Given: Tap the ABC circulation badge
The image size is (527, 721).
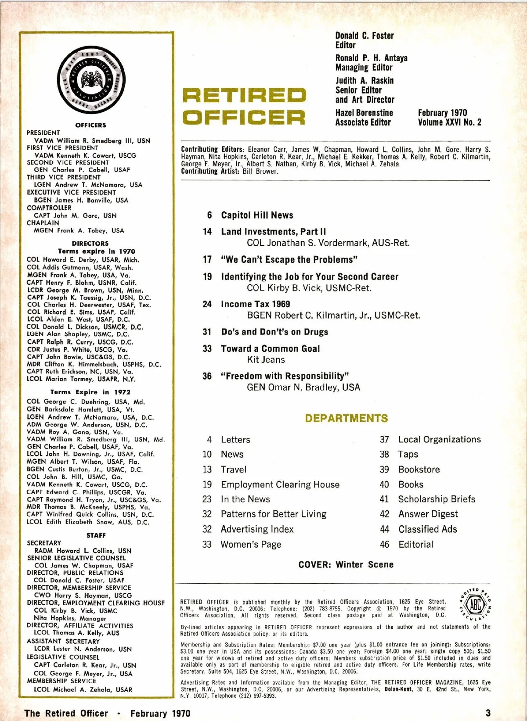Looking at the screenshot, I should tap(475, 606).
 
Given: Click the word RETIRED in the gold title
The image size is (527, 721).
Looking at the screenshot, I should tap(244, 95).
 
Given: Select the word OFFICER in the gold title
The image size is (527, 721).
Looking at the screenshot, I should tap(244, 117).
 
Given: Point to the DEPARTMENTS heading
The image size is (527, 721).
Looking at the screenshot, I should tap(347, 418).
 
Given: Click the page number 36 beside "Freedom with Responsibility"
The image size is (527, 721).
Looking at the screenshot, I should tap(207, 376).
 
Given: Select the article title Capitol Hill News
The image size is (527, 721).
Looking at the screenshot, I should tap(257, 215).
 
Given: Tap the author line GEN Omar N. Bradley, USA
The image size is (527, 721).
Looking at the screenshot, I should tap(303, 387).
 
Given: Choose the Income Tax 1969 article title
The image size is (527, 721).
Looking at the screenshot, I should tap(255, 304).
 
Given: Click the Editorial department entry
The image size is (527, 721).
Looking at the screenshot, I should tap(415, 544).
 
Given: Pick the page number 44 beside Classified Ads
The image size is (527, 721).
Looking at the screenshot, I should tap(384, 529).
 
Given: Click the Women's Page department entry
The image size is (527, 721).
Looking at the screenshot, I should tap(251, 544).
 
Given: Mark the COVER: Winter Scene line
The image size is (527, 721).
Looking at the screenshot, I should tap(346, 564).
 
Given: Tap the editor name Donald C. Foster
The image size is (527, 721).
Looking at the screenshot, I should tap(365, 36).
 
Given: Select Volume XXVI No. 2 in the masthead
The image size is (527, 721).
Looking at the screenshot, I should tap(449, 122).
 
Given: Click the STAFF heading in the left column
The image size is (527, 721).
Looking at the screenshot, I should tap(96, 535).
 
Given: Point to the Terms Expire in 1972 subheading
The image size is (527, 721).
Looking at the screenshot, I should tap(90, 392).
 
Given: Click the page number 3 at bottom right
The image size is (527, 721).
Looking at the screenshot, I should tap(488, 713).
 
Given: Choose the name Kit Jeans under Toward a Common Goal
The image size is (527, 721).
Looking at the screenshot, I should tap(266, 360).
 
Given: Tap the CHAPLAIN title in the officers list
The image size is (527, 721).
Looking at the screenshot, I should tap(43, 223).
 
